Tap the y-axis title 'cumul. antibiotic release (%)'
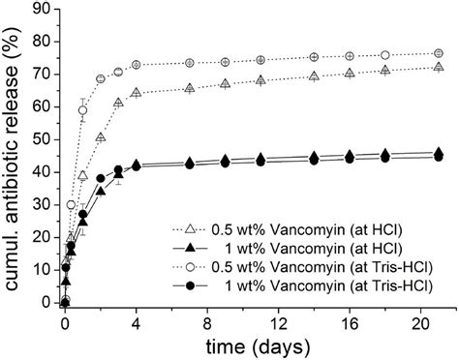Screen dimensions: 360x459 15,155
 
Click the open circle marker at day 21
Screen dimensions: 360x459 440,53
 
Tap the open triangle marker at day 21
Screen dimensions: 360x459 440,67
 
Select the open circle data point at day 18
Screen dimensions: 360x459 385,55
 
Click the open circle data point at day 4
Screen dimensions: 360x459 137,65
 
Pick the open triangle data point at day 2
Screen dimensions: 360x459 101,137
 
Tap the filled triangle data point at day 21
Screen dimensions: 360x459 440,152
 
